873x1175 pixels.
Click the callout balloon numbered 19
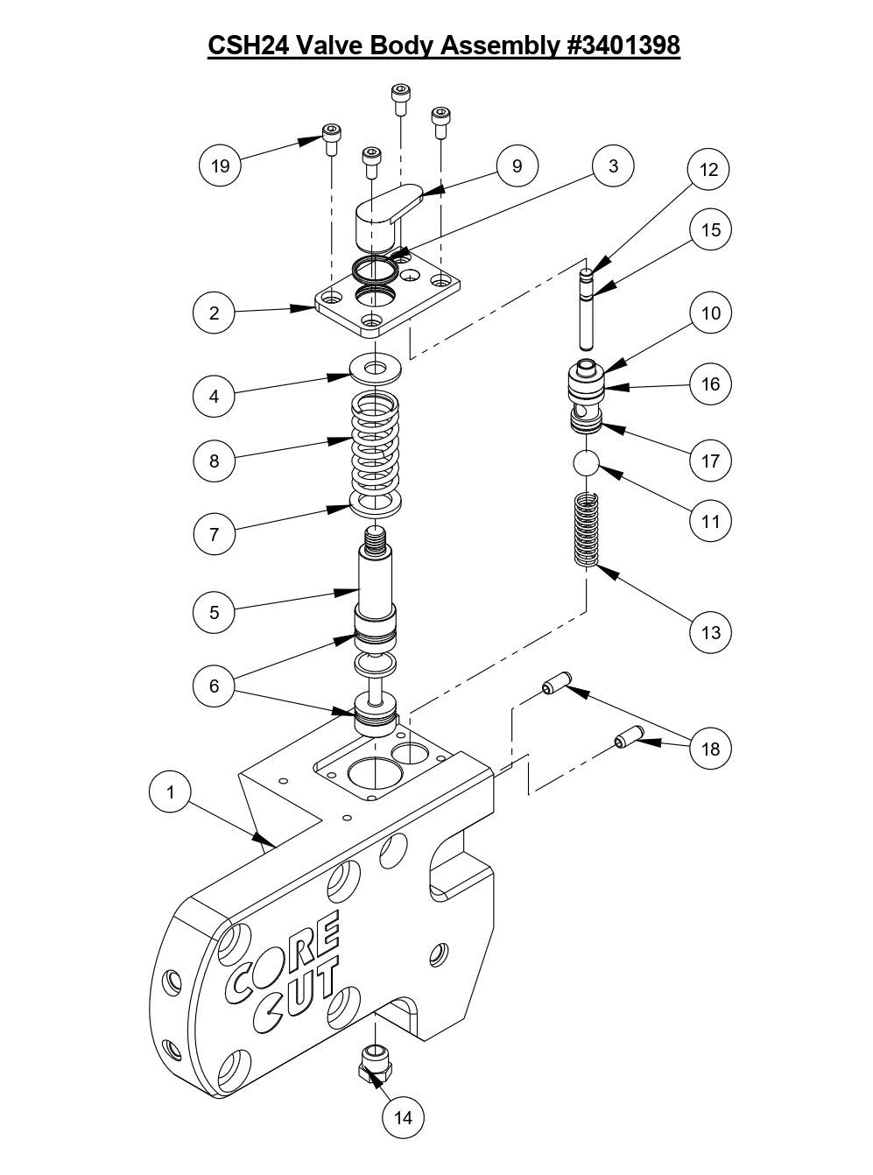click(221, 165)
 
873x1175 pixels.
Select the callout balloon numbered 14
click(404, 1117)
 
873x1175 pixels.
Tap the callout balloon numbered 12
click(709, 170)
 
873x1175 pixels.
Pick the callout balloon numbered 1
click(171, 792)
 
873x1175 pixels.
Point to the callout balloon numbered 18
click(710, 749)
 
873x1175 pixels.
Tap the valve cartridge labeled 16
click(585, 394)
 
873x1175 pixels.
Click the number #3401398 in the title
click(620, 45)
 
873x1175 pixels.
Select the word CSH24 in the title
click(246, 45)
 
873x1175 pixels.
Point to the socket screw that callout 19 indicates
click(332, 139)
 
